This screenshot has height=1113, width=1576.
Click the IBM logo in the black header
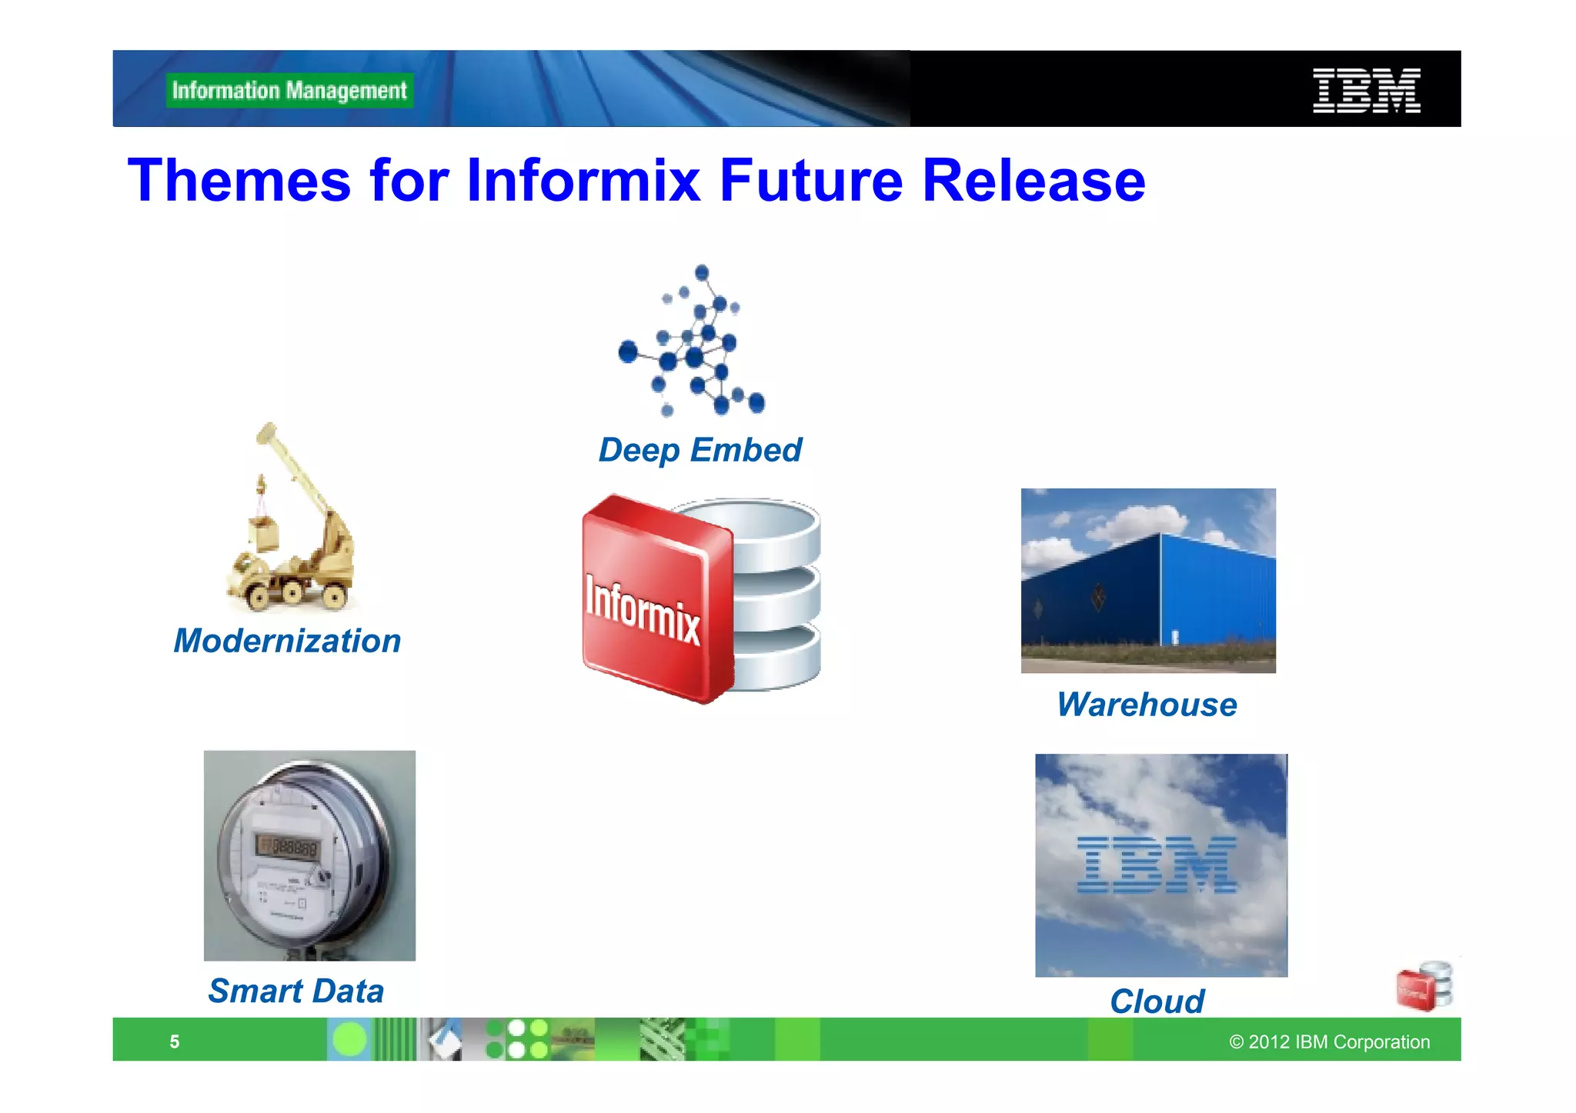[1366, 91]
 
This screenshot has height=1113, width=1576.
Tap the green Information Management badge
[289, 91]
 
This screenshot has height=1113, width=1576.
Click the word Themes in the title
[239, 181]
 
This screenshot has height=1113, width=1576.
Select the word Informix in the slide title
[583, 181]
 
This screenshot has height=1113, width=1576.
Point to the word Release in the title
[1033, 181]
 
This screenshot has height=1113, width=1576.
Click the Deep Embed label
[700, 450]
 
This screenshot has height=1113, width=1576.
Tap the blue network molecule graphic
[693, 342]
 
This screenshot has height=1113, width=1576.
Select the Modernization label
[287, 641]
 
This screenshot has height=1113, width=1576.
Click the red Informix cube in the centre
[654, 600]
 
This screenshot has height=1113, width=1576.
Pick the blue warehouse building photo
[1148, 581]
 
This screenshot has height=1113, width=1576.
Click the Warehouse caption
[1147, 705]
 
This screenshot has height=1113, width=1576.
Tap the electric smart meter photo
[309, 855]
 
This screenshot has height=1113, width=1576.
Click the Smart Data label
[296, 991]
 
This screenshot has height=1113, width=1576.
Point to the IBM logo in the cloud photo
[1157, 865]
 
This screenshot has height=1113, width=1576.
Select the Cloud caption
[1157, 1001]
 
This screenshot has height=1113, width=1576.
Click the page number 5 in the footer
[175, 1042]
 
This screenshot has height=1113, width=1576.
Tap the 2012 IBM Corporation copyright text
[1329, 1042]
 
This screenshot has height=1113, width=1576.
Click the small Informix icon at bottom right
[1424, 986]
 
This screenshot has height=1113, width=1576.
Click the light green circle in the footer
[350, 1040]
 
